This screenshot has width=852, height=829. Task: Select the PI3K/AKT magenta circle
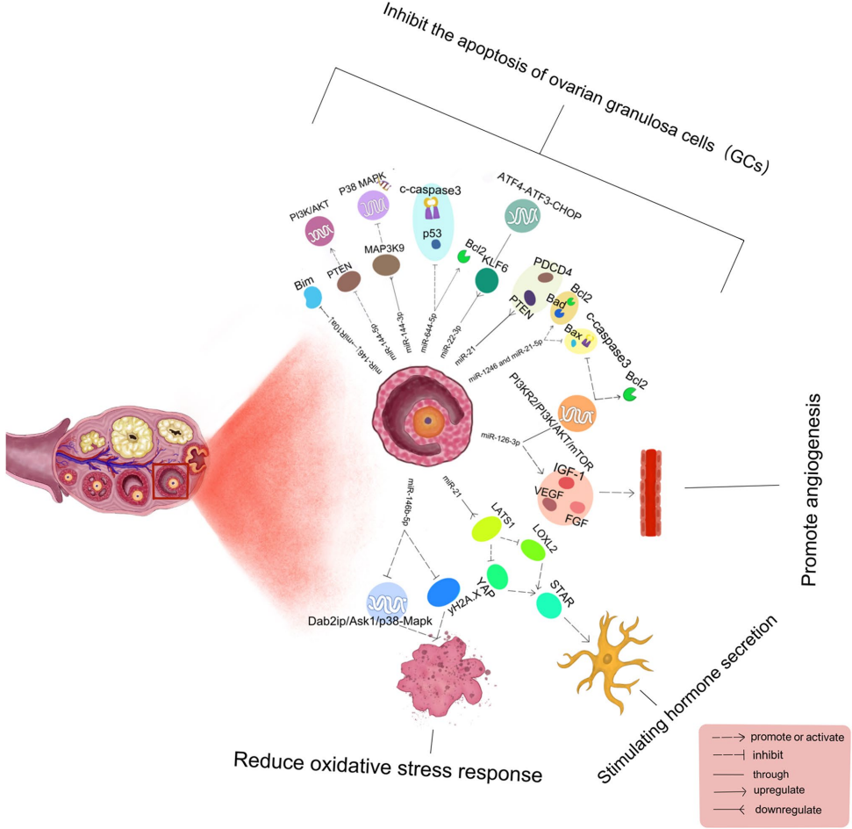pyautogui.click(x=323, y=233)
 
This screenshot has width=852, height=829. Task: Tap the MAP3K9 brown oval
pyautogui.click(x=387, y=265)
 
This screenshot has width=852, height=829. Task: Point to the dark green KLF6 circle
pyautogui.click(x=487, y=280)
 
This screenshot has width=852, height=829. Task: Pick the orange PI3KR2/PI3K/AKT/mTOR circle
pyautogui.click(x=581, y=413)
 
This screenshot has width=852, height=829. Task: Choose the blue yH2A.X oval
pyautogui.click(x=444, y=593)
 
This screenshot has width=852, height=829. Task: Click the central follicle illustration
pyautogui.click(x=424, y=420)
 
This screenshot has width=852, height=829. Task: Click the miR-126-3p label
pyautogui.click(x=501, y=436)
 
